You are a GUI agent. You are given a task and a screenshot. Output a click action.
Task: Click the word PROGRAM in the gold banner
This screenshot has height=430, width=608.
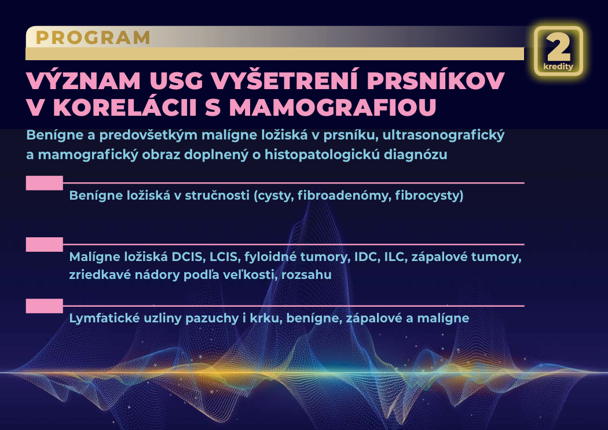coord(93,38)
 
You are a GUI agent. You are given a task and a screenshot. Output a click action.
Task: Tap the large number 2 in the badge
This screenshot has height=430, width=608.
coord(558,47)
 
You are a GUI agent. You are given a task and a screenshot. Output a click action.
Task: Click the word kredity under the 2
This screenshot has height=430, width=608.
coord(558,66)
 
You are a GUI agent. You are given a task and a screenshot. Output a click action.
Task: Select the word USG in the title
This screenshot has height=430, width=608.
coord(177,80)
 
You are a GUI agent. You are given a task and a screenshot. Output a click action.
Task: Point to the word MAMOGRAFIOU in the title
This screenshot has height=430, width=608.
coord(333,107)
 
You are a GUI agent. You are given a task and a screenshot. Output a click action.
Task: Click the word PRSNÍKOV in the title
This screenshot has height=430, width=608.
coord(436,80)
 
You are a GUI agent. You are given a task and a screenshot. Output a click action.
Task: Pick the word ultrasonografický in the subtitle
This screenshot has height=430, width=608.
coord(444,135)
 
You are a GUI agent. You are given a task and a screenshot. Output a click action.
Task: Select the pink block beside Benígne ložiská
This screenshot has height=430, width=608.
coord(44,183)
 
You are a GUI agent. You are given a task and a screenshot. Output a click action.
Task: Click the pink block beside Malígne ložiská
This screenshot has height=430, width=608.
coord(44,244)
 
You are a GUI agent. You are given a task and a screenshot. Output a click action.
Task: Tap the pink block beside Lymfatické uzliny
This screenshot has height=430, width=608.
coord(44,306)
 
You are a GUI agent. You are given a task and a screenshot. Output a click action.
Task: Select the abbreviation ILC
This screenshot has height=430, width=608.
coord(395,257)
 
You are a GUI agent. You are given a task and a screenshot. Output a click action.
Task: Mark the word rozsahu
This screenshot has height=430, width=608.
coord(306,275)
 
